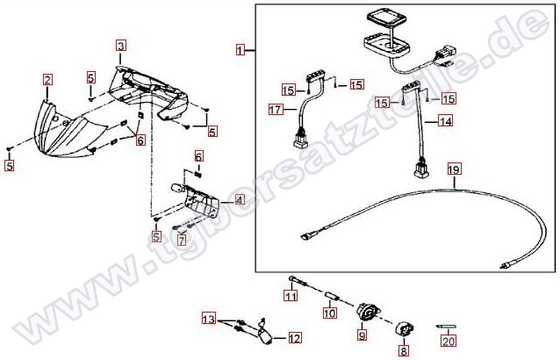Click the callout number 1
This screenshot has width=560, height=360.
[x=241, y=50]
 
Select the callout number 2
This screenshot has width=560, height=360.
[x=47, y=80]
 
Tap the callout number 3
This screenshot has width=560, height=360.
[x=121, y=46]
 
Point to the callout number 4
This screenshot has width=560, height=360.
[x=240, y=200]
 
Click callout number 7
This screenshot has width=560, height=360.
[x=183, y=240]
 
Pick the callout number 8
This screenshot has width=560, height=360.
[x=404, y=350]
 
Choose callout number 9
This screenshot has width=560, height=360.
[x=362, y=335]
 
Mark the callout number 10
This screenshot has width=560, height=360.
[x=329, y=313]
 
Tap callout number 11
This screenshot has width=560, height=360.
[x=291, y=296]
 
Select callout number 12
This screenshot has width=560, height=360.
[x=294, y=338]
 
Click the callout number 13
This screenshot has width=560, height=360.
[x=209, y=318]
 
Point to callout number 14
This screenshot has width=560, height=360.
[x=445, y=121]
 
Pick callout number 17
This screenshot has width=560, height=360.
[x=276, y=109]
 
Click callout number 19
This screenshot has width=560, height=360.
[x=455, y=169]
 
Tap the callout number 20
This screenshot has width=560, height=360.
[x=449, y=341]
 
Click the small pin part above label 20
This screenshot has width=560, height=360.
[x=446, y=326]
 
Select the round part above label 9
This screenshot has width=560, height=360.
[x=369, y=311]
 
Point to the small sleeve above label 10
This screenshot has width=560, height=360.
[x=333, y=297]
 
